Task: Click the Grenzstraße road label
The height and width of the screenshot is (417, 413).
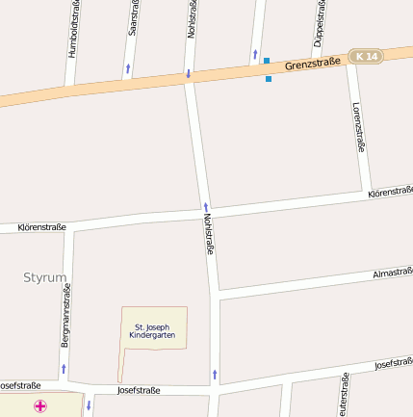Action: coord(313,65)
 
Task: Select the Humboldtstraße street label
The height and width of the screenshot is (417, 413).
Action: coord(73,31)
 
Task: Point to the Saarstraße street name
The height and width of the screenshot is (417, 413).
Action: coord(133,19)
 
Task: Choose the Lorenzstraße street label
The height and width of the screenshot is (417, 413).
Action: coord(358,127)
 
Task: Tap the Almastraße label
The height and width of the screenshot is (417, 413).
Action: coord(393,274)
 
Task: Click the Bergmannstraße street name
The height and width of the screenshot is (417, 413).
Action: coord(65,322)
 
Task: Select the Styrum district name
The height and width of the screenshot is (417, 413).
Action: coord(45,277)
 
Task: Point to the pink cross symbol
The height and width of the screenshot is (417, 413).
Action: coord(40,406)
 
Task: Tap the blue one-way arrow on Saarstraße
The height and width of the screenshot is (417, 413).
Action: coord(127,68)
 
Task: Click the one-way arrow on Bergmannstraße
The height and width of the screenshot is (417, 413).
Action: coord(64,368)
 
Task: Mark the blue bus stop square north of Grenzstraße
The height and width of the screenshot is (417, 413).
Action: coord(267,61)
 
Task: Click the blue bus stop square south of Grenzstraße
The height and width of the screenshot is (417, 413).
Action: coord(269,79)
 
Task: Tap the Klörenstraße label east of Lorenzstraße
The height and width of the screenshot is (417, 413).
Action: coord(390,194)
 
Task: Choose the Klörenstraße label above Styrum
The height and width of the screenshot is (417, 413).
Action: coord(41,227)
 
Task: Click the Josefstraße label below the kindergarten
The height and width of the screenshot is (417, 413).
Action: coord(138,390)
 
